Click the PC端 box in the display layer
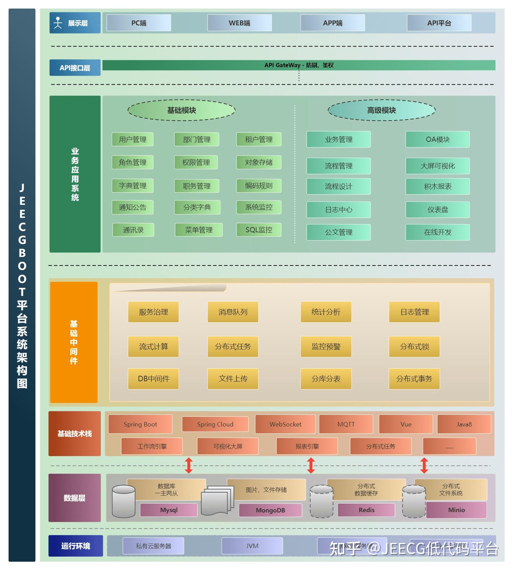[139, 23]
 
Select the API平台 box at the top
[439, 23]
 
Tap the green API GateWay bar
[298, 65]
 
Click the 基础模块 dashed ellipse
[181, 110]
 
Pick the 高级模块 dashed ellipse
[381, 110]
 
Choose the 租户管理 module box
[259, 139]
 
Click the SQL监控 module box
[259, 230]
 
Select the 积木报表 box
[438, 186]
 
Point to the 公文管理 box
[338, 232]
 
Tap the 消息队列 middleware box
[233, 312]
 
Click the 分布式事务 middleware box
[414, 379]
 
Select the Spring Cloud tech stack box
[215, 424]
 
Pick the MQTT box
[346, 424]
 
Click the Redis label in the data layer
[366, 510]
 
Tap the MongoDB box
[270, 510]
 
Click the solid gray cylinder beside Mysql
[123, 501]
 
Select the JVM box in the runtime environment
[252, 546]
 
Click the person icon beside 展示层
[58, 23]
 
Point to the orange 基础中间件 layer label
[74, 342]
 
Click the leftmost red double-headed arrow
[189, 466]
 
